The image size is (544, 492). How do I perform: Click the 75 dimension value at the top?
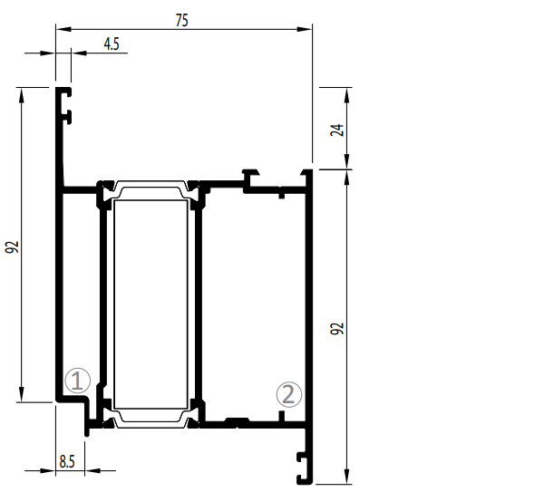[x=182, y=20]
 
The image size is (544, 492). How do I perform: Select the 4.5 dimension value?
[x=112, y=44]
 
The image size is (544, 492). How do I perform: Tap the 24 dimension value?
[x=337, y=130]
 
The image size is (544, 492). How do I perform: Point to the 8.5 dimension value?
[x=67, y=461]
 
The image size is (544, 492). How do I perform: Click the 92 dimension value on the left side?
[x=12, y=246]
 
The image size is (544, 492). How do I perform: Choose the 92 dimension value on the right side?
[x=337, y=328]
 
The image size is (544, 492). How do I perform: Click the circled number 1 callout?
[x=78, y=381]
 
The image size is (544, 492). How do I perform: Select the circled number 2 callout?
[x=289, y=394]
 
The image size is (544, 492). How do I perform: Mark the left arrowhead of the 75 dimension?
[x=63, y=29]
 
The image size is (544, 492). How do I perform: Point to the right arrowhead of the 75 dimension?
[x=305, y=29]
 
